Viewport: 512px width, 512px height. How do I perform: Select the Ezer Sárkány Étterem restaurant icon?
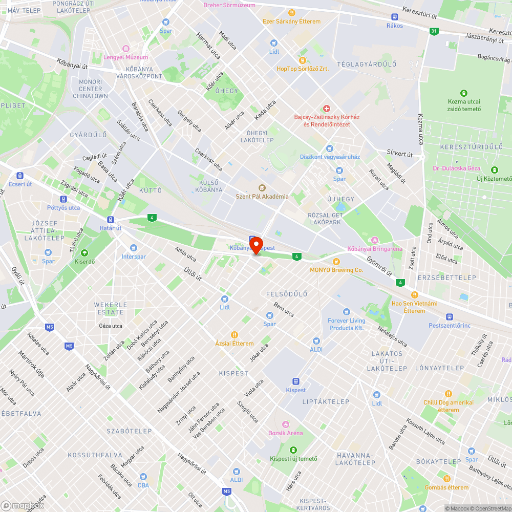(291, 12)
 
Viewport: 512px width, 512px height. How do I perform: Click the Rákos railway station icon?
(395, 17)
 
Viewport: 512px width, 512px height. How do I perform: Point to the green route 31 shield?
(434, 31)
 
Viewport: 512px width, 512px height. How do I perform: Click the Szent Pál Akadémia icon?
(262, 188)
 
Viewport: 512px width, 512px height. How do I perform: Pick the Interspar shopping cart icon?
(134, 248)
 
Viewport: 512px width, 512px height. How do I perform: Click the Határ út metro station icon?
(111, 219)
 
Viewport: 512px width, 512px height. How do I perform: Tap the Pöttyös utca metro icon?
(63, 199)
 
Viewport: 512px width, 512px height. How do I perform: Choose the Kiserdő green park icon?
(84, 253)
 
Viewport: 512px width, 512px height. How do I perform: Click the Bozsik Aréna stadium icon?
(286, 424)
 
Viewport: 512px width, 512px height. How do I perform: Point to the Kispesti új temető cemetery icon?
(294, 450)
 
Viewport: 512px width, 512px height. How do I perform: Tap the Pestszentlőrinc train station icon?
(449, 317)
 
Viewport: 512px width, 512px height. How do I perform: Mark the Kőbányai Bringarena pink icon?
(374, 240)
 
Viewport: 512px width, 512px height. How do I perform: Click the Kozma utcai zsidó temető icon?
(464, 93)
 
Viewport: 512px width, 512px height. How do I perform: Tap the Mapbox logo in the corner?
(23, 505)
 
